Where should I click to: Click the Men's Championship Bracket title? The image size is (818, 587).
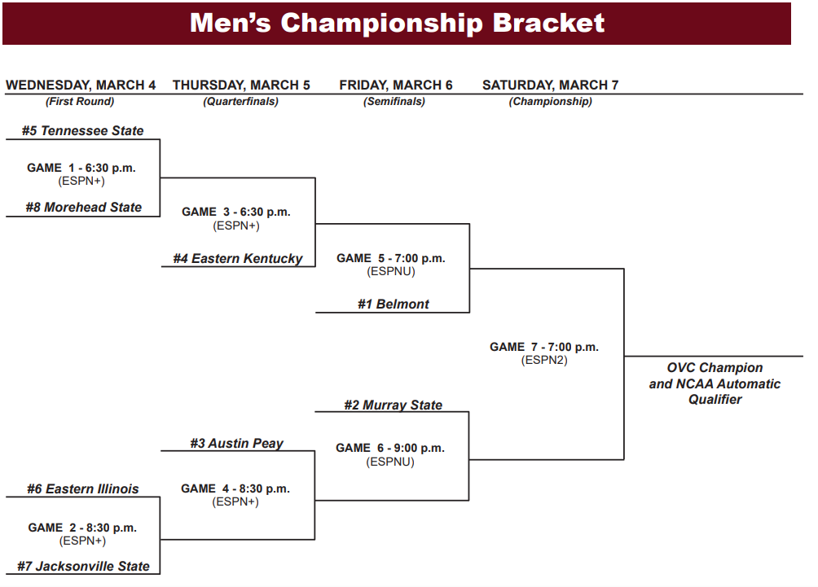(397, 23)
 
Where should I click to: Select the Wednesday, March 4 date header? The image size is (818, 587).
(81, 85)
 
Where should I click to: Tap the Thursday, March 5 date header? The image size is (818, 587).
(241, 85)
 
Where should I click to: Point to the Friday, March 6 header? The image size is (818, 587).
(396, 85)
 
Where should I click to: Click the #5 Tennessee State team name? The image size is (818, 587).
(82, 130)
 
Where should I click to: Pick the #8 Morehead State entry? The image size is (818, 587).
(83, 207)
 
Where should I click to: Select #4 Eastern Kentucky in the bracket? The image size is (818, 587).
(237, 258)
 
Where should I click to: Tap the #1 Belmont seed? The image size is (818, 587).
(393, 304)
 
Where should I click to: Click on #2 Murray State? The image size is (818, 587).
(393, 405)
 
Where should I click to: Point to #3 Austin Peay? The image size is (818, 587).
(237, 443)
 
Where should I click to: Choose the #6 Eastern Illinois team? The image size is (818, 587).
(82, 488)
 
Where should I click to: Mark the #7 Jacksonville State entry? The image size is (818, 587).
(83, 566)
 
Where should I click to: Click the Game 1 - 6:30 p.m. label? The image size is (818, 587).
(81, 168)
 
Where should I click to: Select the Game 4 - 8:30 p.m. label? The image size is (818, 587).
(235, 488)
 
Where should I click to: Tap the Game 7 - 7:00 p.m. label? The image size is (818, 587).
(544, 347)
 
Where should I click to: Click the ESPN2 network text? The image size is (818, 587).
(544, 360)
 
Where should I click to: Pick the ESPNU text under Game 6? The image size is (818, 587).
(390, 462)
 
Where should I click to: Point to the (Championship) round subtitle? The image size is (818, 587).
(550, 102)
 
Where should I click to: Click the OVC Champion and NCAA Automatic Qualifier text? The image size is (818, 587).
(715, 383)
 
